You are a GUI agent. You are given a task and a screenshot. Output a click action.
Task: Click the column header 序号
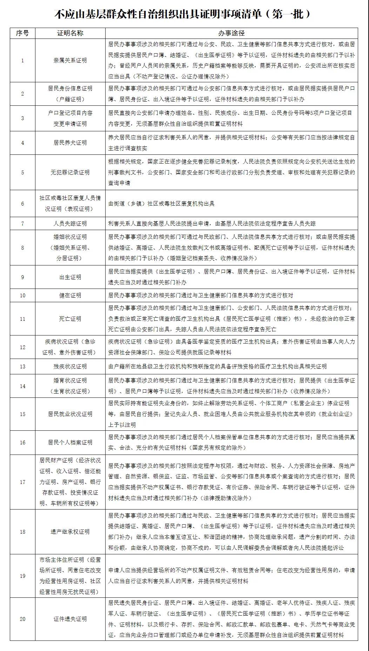point(22,33)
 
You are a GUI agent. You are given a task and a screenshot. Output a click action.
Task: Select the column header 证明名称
point(70,33)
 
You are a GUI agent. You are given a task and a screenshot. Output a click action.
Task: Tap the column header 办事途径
point(231,33)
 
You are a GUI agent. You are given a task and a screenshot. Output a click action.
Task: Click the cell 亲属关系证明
point(70,61)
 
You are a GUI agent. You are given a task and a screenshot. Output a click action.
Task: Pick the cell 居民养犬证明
point(70,143)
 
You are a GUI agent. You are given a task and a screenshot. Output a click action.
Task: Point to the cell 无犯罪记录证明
point(70,172)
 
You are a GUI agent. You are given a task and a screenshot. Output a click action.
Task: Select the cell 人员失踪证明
point(70,223)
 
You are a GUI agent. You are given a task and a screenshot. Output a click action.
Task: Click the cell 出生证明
point(70,277)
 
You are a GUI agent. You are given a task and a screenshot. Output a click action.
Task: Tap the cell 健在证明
point(70,296)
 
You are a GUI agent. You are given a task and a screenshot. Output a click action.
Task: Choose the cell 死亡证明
point(70,319)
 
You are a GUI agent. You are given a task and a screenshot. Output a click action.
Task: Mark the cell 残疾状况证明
point(70,367)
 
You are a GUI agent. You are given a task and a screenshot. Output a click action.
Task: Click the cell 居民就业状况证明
point(70,414)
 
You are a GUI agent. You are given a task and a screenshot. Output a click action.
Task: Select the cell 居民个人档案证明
point(70,443)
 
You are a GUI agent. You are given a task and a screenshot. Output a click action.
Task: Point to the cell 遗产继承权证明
point(70,532)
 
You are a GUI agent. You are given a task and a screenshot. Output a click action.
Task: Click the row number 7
point(22,223)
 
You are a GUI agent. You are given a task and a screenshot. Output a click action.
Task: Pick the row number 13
point(22,367)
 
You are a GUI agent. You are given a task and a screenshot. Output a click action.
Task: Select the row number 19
point(22,576)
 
